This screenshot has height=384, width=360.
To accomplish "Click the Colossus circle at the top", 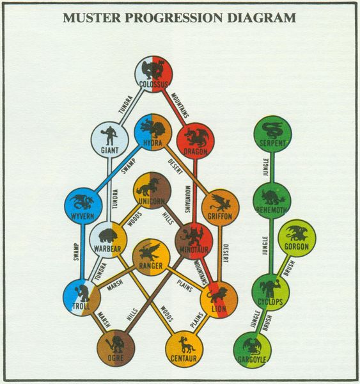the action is tap(153, 74).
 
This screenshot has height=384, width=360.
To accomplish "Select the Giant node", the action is tap(109, 141).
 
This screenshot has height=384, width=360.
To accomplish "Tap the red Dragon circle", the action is tap(195, 141).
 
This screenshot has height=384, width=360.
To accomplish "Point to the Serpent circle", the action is tap(272, 134).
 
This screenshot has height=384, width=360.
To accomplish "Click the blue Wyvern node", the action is tap(83, 206).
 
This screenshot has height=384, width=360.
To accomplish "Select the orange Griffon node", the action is tap(220, 207).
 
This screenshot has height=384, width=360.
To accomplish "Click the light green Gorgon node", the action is tap(297, 238).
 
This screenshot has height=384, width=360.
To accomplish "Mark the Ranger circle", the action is tap(151, 258).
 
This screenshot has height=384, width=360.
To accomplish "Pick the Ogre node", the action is tap(116, 348).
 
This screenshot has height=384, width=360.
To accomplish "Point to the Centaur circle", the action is tap(184, 349).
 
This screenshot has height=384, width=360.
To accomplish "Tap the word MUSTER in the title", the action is tap(92, 18).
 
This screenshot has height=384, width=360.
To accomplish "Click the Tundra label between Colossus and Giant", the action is tap(125, 105).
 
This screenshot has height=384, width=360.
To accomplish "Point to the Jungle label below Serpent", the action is tap(266, 167).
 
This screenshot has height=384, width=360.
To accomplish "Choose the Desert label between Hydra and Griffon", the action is tap(175, 167).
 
